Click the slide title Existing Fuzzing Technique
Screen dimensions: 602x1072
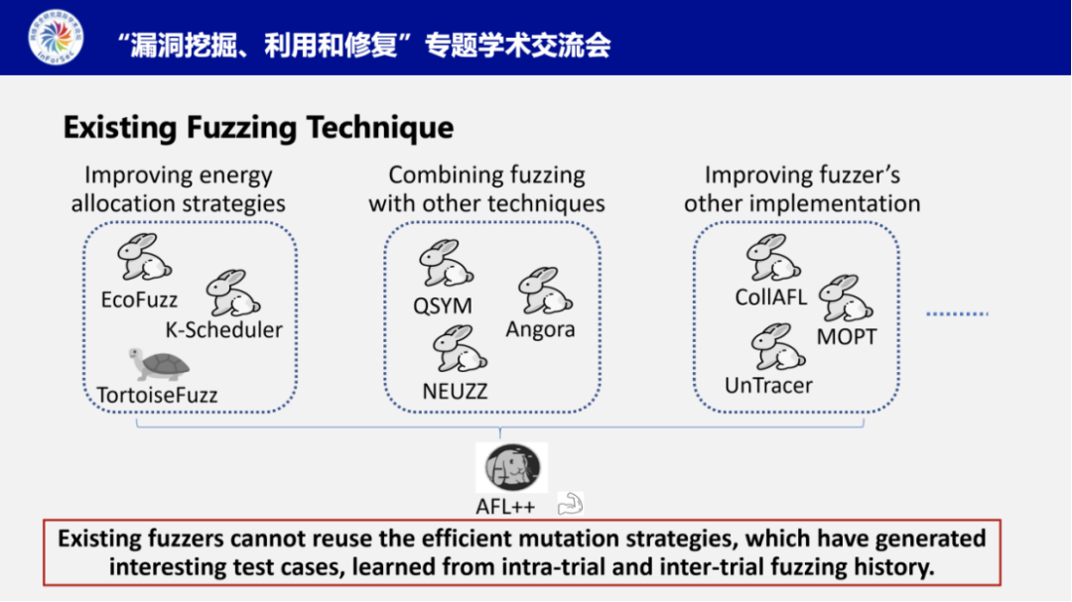258,128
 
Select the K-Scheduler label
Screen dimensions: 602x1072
223,330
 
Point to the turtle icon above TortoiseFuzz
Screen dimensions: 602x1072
158,364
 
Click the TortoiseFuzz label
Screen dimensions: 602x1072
157,395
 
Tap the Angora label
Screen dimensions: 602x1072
540,329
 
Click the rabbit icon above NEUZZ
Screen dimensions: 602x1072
459,349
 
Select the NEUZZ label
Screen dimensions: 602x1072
455,391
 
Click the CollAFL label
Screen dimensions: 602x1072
771,297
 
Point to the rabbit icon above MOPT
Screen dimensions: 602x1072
845,299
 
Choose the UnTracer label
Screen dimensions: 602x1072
768,386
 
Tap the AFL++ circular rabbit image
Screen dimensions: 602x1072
511,468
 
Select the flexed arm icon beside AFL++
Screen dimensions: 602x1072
570,504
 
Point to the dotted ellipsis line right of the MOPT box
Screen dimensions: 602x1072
958,313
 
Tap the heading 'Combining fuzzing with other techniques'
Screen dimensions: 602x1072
486,189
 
